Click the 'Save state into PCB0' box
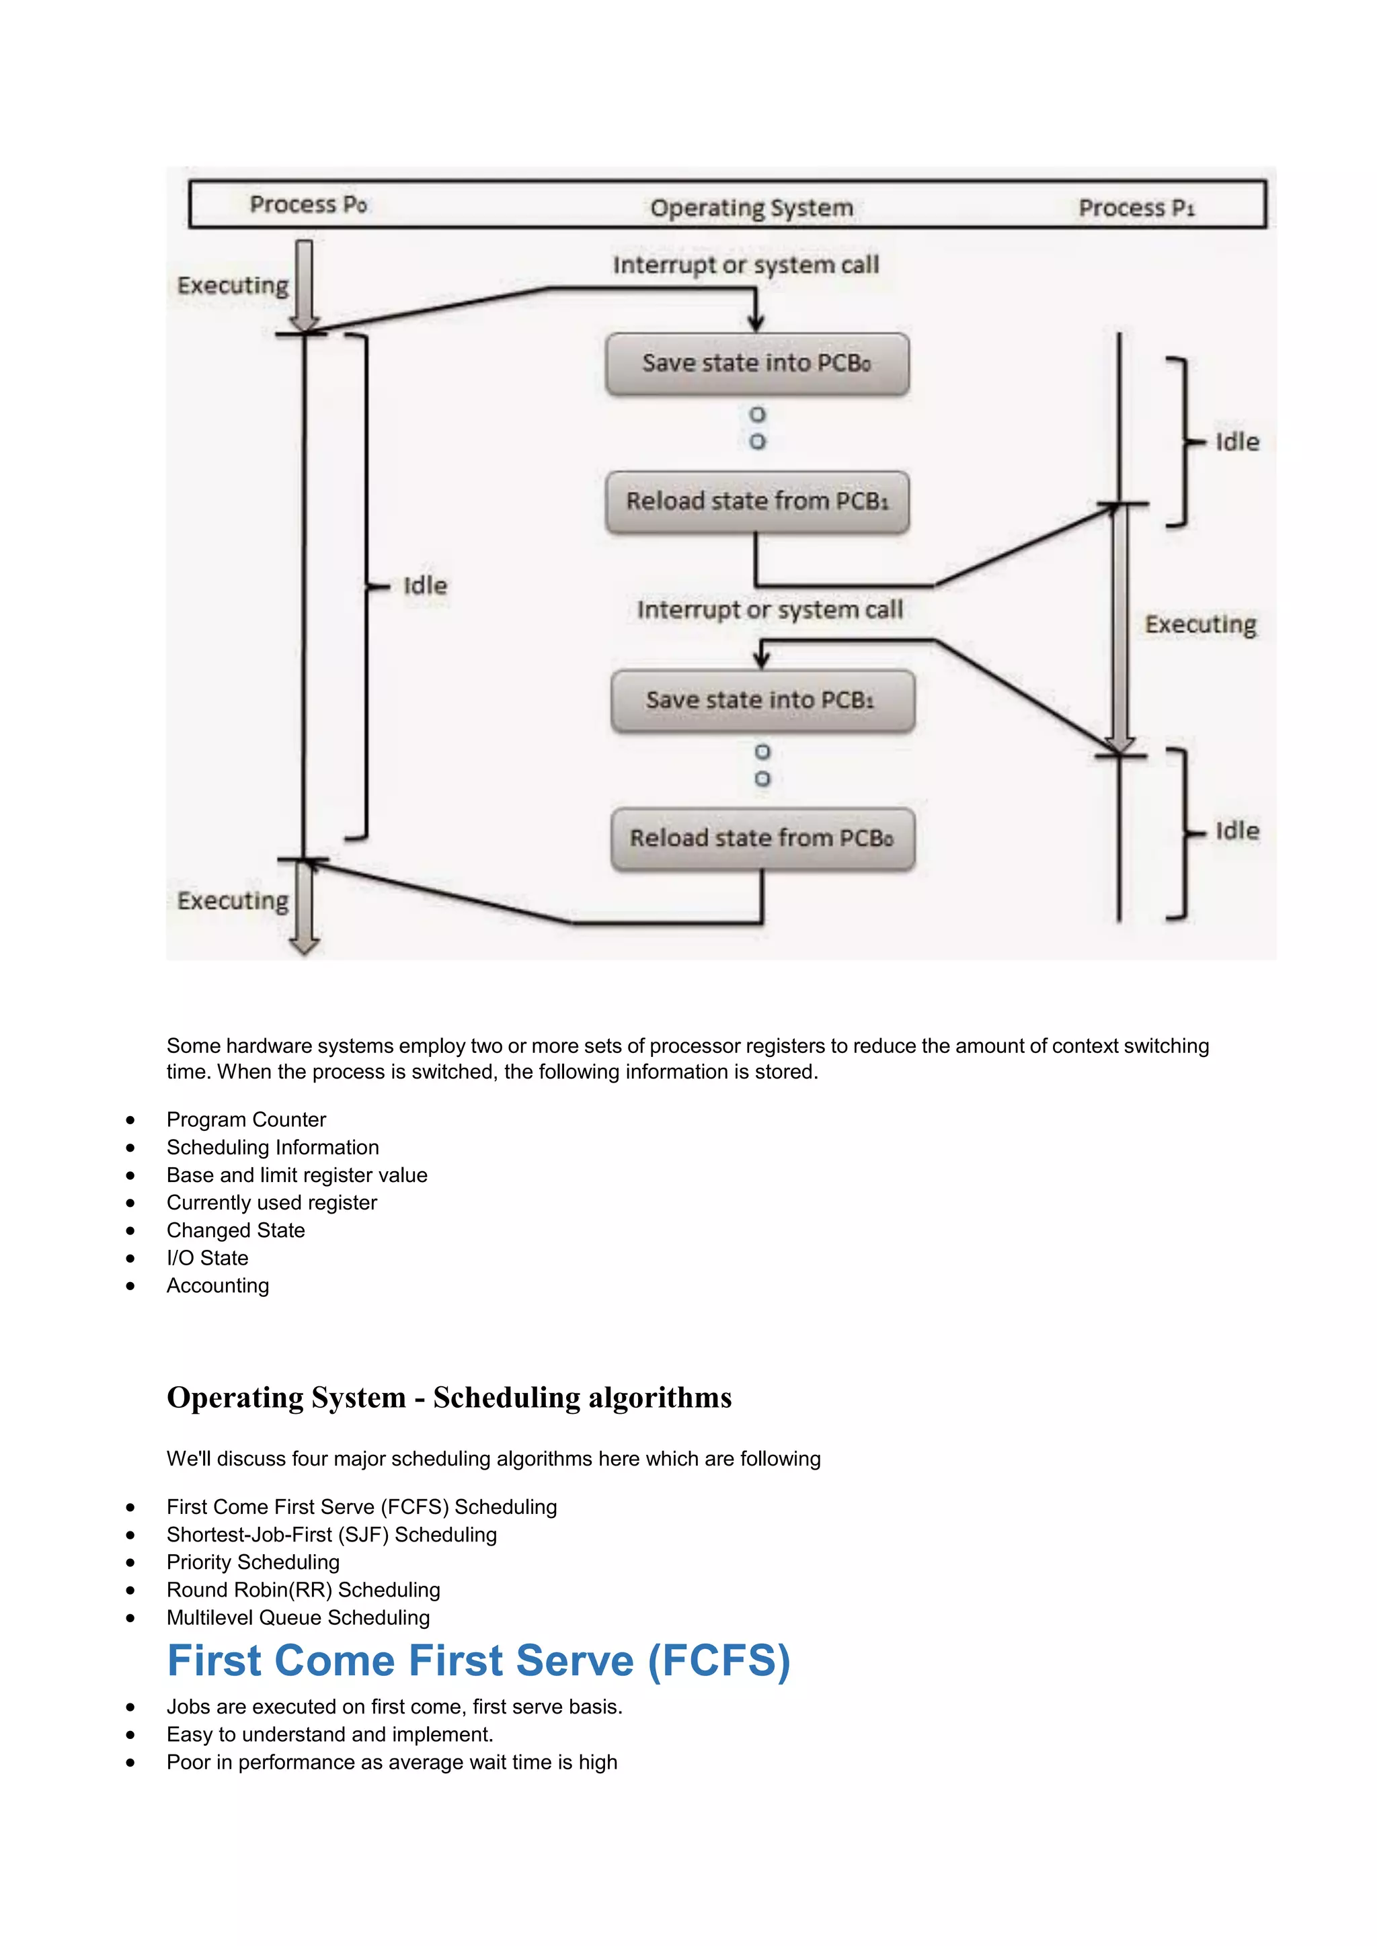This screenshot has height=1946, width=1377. click(756, 364)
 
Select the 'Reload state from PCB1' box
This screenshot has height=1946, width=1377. click(756, 502)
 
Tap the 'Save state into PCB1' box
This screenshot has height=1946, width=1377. click(761, 700)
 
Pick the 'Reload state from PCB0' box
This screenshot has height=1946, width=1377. click(761, 838)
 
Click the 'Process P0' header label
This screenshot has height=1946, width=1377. click(308, 204)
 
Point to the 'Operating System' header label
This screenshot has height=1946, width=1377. click(751, 208)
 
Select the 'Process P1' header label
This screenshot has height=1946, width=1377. click(1136, 208)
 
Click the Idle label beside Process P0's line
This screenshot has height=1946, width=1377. click(425, 586)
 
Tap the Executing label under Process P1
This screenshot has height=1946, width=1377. click(1199, 625)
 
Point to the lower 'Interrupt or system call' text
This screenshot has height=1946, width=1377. click(769, 610)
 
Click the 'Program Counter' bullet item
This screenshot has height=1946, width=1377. click(246, 1119)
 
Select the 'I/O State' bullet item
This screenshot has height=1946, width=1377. click(207, 1258)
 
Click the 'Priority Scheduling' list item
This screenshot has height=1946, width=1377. click(253, 1562)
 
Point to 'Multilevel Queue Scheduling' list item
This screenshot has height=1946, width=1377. click(298, 1618)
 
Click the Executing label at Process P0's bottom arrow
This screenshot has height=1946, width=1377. click(233, 900)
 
